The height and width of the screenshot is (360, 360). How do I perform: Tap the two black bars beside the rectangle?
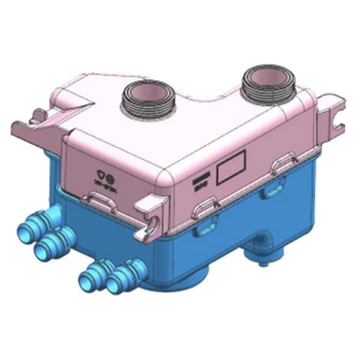pyautogui.click(x=199, y=181)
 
